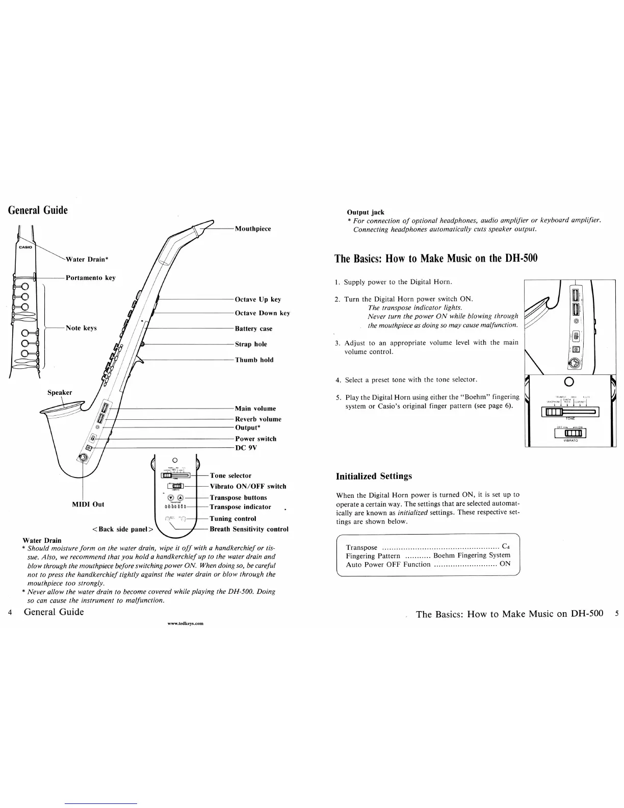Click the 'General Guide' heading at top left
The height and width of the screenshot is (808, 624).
tap(38, 210)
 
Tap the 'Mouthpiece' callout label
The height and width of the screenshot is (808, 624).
tap(253, 229)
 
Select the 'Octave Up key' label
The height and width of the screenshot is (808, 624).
tap(258, 299)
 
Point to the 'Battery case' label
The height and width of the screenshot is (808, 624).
tap(253, 329)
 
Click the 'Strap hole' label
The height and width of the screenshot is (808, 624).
tap(251, 344)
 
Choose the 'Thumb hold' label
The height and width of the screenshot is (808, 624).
tap(254, 360)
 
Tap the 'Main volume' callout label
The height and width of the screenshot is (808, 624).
tap(255, 409)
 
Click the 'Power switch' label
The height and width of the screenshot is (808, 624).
tap(255, 439)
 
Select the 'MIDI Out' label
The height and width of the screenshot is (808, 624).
tap(88, 504)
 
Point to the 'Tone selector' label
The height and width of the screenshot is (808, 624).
tap(230, 475)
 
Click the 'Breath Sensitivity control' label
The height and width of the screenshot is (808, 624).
tap(249, 529)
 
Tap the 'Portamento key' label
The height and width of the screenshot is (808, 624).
tap(90, 278)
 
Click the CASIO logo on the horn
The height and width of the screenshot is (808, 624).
tap(25, 248)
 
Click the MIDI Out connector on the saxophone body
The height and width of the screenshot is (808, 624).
tap(82, 458)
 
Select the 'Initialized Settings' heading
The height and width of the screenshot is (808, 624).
tap(374, 476)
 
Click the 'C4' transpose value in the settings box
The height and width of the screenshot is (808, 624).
tap(506, 547)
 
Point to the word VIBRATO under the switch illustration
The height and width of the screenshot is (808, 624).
tap(570, 441)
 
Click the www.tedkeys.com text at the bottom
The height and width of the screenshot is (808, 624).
tap(186, 623)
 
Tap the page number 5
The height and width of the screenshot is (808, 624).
tap(616, 614)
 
